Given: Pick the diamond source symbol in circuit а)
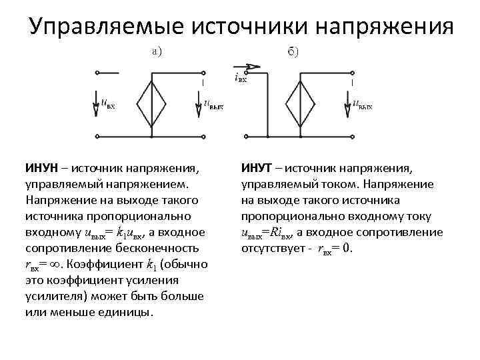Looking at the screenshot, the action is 153,103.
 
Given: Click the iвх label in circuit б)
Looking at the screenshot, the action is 241,78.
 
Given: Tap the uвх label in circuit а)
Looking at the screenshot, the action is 108,103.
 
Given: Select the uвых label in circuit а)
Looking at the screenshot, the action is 213,103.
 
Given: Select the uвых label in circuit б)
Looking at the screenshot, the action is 362,103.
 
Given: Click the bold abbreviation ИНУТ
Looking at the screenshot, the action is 257,167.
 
